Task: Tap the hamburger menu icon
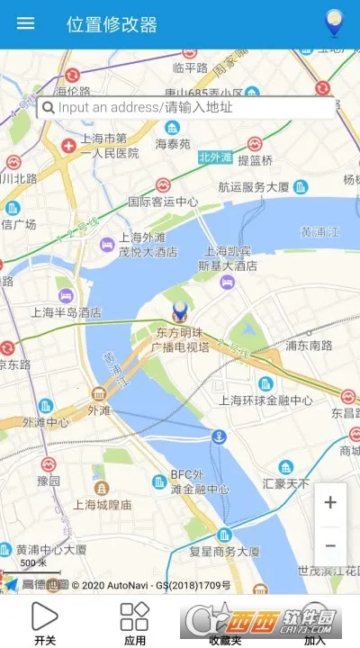point(26,23)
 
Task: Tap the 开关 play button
point(44,616)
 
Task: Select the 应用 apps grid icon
point(134,616)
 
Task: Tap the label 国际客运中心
point(162,202)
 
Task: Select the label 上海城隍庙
point(102,504)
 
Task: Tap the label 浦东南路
point(308,344)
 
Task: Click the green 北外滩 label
point(215,157)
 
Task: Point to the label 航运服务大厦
point(253,187)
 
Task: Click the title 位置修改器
point(112,24)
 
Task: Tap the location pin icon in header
point(335,22)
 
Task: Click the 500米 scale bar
point(33,568)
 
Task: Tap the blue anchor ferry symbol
point(218,437)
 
